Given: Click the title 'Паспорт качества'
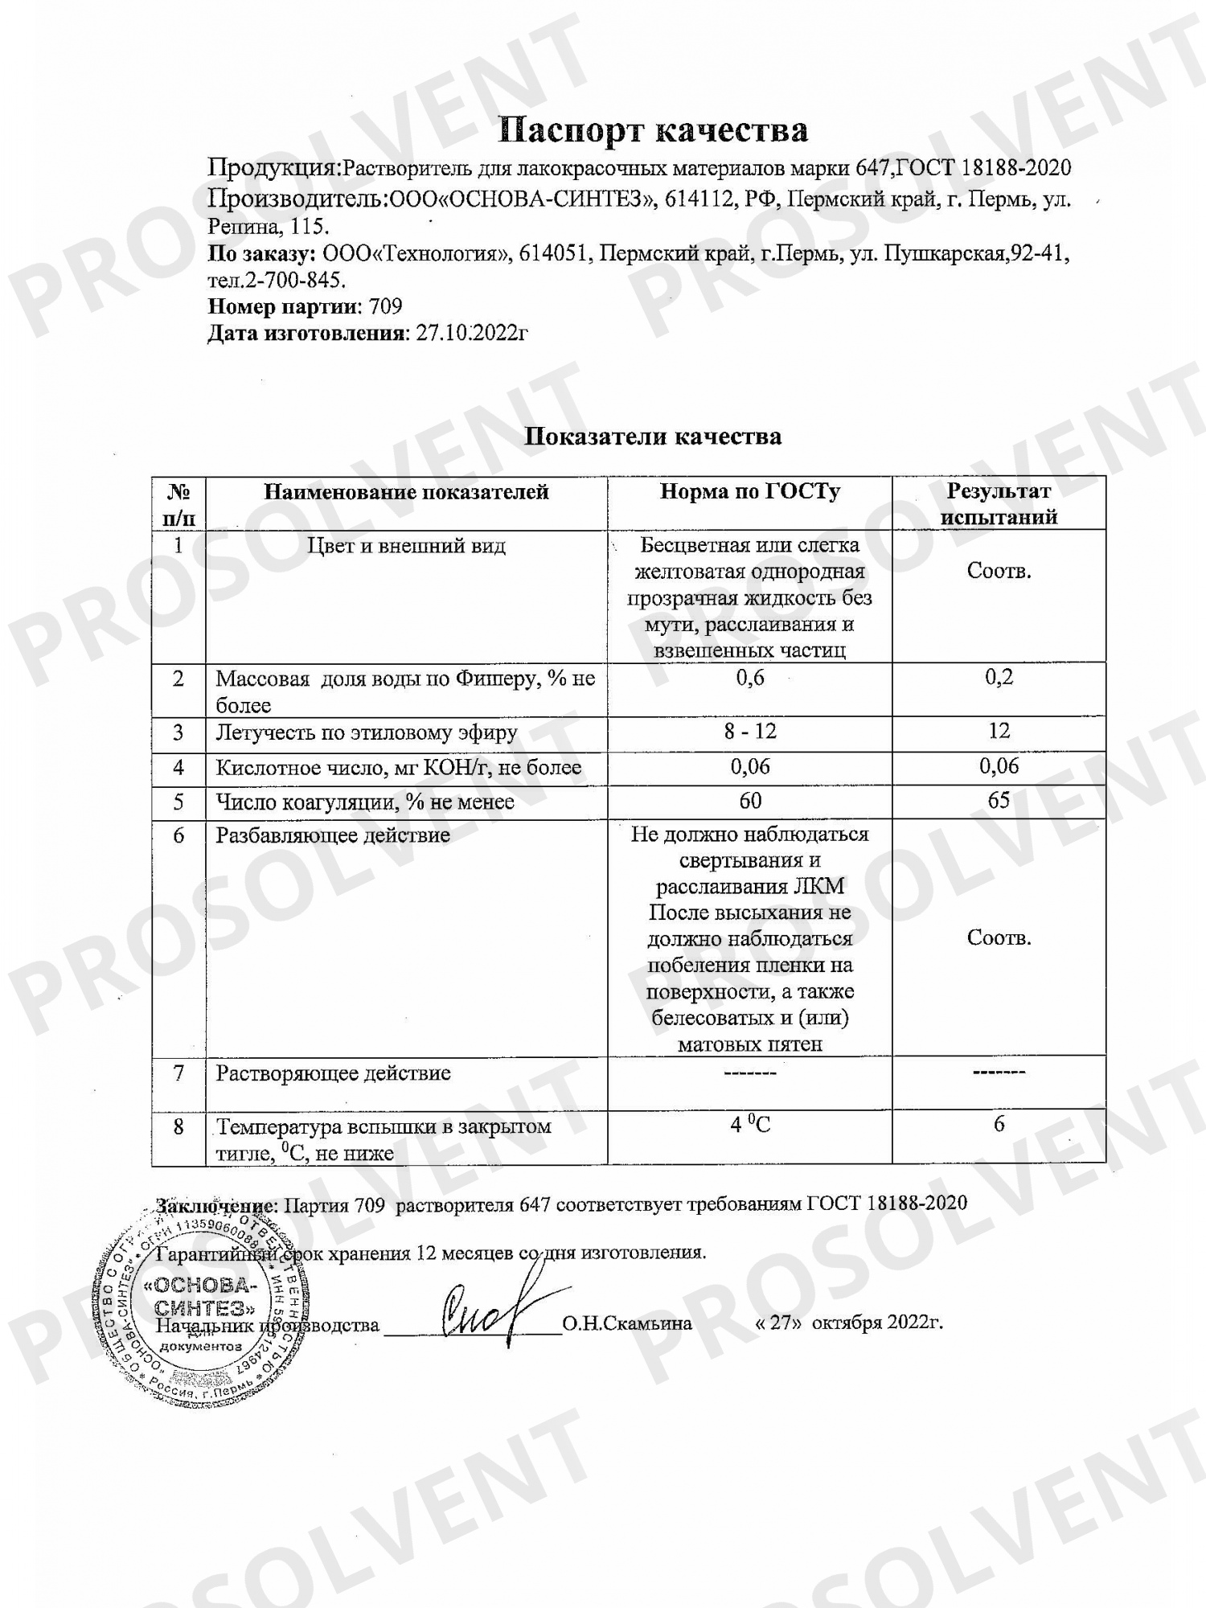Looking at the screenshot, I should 652,129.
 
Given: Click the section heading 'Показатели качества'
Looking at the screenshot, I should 652,437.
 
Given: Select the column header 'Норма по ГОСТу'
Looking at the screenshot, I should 749,491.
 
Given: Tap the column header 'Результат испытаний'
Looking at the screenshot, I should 999,503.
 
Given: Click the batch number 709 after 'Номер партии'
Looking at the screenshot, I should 385,306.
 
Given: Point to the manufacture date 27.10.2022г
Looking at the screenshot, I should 472,333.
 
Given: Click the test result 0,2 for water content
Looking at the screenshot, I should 999,677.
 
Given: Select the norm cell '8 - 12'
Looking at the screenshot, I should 749,732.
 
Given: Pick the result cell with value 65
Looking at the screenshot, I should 999,801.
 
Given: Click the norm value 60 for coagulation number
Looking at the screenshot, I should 749,802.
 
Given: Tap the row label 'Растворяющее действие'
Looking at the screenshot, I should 333,1073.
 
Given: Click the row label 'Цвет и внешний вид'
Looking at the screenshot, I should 406,546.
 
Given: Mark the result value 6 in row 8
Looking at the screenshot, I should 999,1124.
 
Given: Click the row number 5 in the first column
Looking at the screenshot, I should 178,802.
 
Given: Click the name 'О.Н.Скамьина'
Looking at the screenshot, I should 627,1323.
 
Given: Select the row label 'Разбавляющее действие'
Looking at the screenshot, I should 332,835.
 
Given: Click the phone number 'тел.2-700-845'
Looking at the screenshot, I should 277,280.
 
